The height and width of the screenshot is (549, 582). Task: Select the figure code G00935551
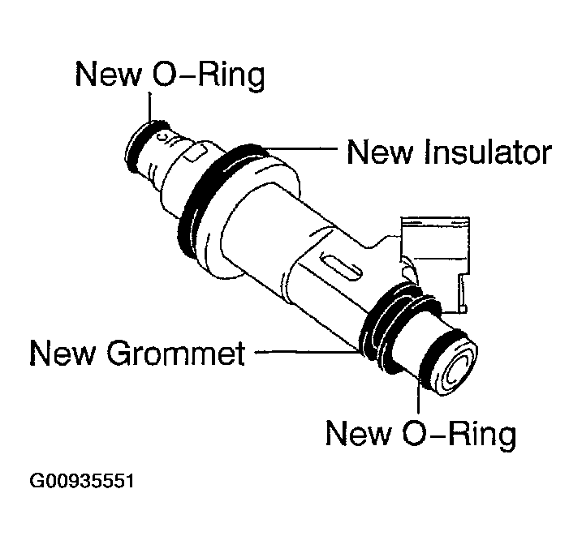click(81, 481)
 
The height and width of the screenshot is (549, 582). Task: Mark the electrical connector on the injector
click(438, 251)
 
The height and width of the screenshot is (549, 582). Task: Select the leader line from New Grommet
click(304, 352)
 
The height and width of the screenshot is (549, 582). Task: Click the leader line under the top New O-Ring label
click(150, 109)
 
